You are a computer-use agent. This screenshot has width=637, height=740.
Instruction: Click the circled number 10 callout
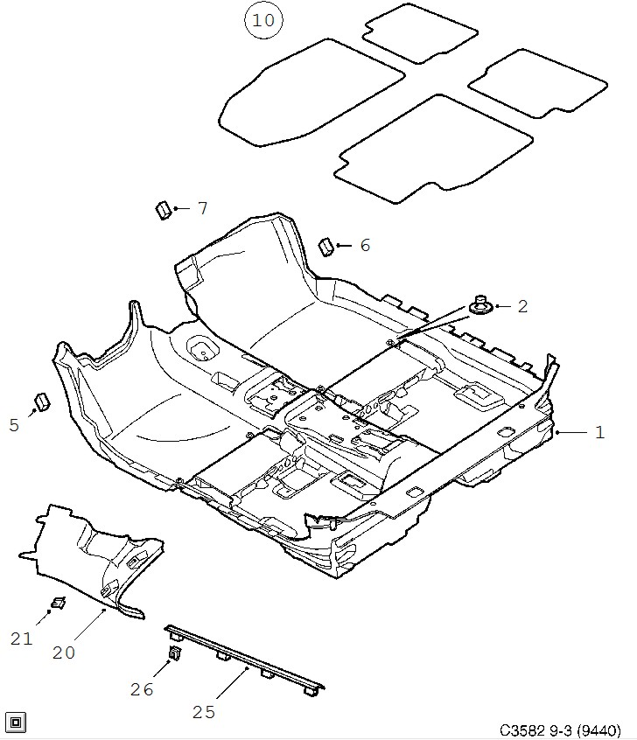click(263, 20)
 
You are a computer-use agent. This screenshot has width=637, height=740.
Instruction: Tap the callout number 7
click(203, 208)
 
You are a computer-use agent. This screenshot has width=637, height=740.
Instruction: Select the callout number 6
click(365, 246)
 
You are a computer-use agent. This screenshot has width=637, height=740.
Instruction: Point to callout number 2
click(522, 307)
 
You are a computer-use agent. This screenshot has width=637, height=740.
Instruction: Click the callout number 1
click(599, 432)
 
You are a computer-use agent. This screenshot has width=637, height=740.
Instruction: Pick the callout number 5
click(14, 425)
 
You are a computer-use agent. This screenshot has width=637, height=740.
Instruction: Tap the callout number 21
click(21, 639)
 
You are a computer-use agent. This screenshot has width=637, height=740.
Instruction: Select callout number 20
click(64, 653)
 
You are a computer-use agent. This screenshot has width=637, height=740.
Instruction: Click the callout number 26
click(142, 689)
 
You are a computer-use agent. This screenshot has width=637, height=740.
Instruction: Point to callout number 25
click(204, 712)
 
